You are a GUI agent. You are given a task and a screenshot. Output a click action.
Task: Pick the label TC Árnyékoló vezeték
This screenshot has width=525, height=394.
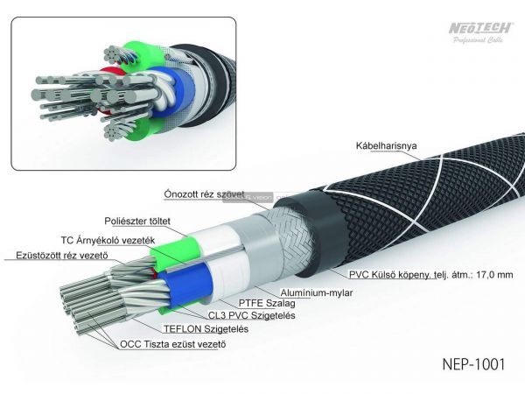[107, 239]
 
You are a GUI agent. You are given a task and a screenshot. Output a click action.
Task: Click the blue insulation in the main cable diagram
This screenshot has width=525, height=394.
[192, 285]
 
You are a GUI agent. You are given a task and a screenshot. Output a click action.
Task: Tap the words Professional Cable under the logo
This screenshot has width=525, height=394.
[479, 41]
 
